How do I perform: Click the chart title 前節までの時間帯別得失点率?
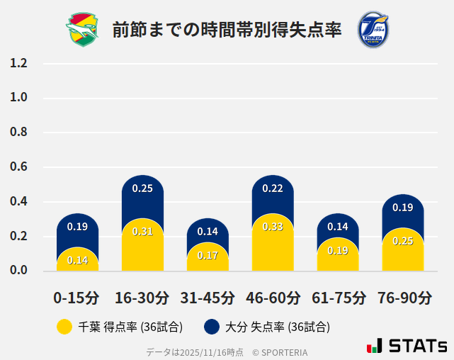[x=227, y=29]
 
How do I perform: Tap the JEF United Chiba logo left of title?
[x=84, y=29]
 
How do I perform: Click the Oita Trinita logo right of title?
[x=373, y=29]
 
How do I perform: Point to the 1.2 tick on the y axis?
[x=18, y=63]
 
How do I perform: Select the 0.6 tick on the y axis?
[x=18, y=167]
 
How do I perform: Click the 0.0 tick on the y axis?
[x=18, y=271]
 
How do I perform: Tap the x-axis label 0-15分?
[x=77, y=298]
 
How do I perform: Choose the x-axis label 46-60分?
[x=273, y=298]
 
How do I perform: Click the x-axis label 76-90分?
[x=403, y=298]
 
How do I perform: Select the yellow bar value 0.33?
[x=273, y=227]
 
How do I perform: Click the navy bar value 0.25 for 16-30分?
[x=142, y=189]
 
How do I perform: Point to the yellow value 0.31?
[x=142, y=231]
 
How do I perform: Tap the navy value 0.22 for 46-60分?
[x=273, y=189]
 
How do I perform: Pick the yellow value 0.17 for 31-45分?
[x=208, y=255]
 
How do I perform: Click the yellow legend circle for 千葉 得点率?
[x=64, y=327]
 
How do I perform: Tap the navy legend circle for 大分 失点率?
[x=211, y=327]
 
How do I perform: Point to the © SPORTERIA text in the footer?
[x=280, y=351]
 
